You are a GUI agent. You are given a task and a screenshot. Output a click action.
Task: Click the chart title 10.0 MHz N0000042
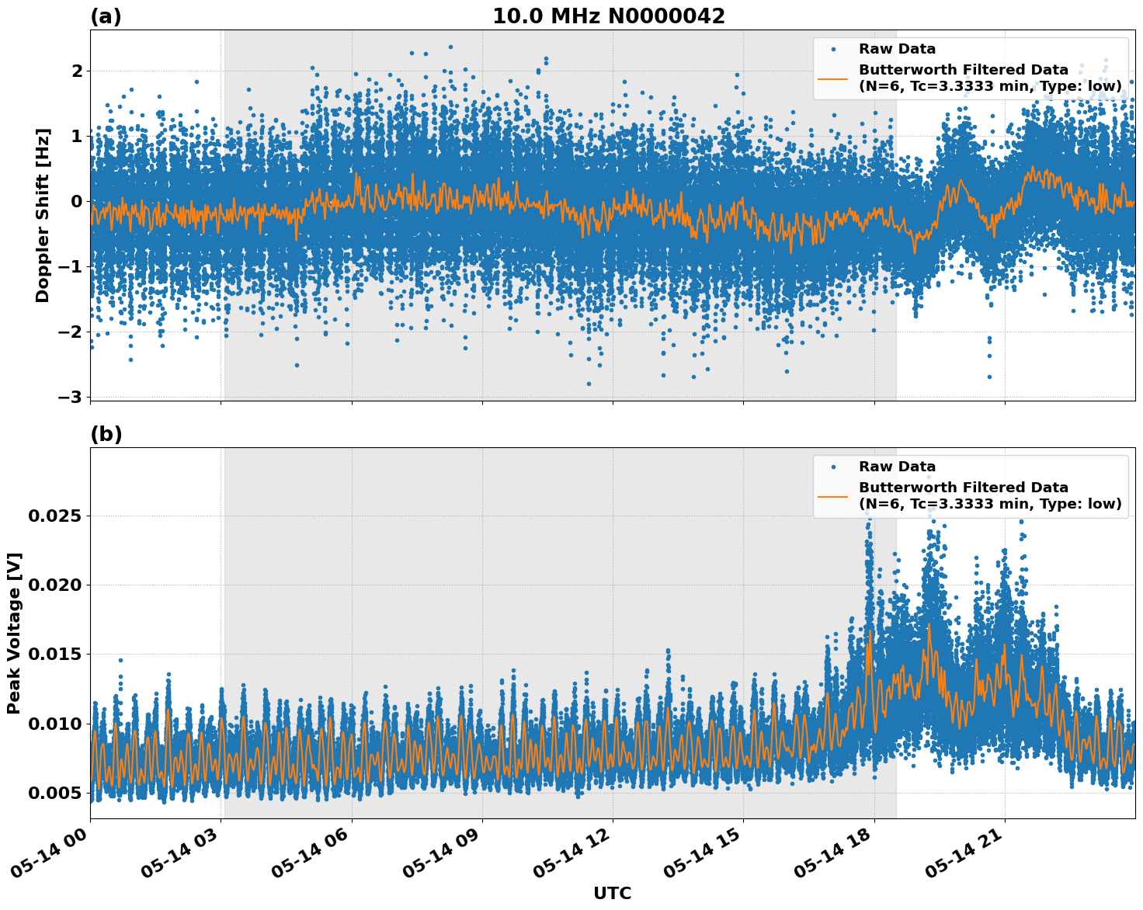pos(608,16)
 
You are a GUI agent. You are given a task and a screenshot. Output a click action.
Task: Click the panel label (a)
pos(106,16)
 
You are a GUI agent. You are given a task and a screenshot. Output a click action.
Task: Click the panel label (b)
pos(106,434)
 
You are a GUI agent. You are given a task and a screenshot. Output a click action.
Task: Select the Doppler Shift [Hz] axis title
pos(43,215)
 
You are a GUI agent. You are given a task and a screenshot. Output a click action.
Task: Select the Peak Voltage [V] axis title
pos(14,633)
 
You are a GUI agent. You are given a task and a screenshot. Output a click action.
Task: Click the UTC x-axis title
pos(612,893)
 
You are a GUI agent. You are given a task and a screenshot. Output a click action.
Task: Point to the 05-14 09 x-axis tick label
pos(440,853)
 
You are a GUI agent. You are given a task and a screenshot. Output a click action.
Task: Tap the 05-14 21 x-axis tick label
pos(963,853)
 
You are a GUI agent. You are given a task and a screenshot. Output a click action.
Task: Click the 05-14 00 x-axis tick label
pos(48,853)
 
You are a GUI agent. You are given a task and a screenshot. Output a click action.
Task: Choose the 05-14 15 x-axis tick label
pos(701,853)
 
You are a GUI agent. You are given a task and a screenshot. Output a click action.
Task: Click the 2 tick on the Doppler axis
pos(77,71)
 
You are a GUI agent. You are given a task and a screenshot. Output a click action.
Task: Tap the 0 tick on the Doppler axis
pos(77,201)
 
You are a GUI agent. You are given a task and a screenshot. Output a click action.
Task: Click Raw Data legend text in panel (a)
pos(897,50)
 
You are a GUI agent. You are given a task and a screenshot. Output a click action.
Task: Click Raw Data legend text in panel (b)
pos(897,467)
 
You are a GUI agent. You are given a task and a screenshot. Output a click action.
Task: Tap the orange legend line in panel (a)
pos(832,78)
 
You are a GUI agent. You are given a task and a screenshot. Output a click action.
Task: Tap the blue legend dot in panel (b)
pos(832,467)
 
